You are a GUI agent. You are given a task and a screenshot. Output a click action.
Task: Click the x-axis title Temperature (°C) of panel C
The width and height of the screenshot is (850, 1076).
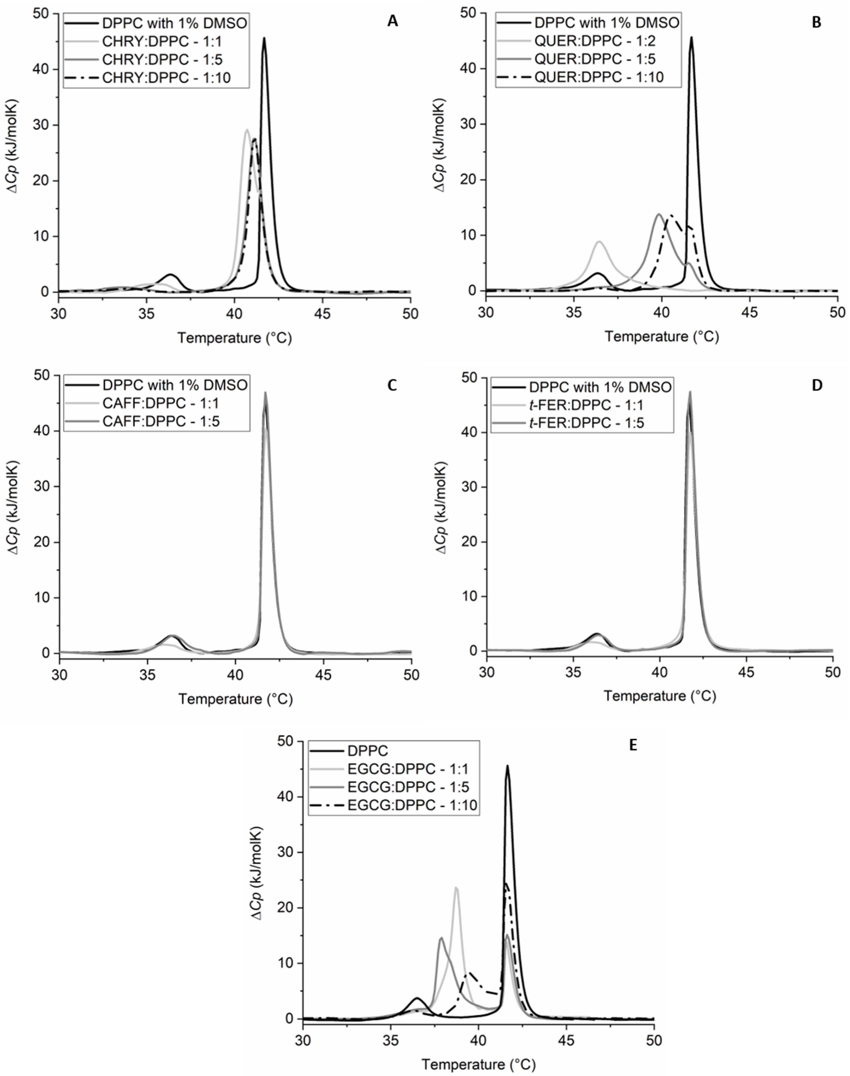pos(235,699)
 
